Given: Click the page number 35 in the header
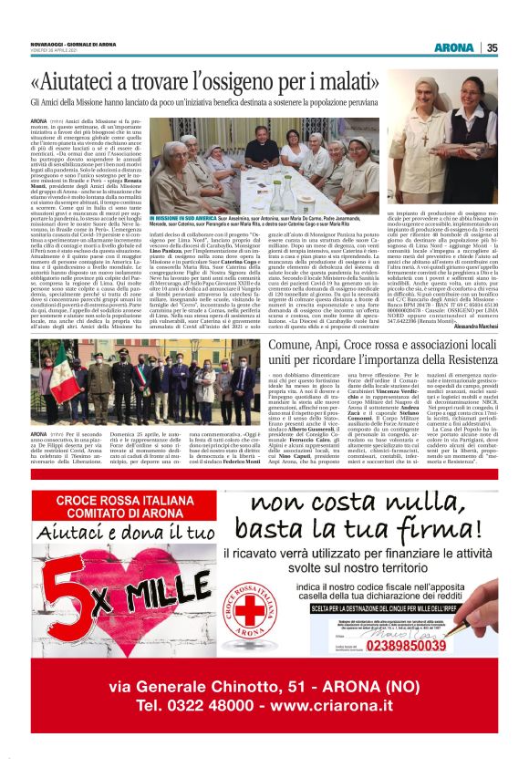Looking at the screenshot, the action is [x=492, y=48].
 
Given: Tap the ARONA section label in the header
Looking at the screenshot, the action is [x=454, y=48].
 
